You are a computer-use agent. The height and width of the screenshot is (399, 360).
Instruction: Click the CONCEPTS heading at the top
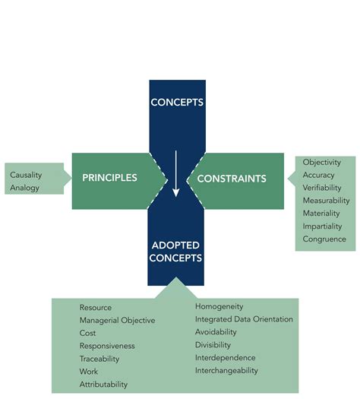[x=176, y=102]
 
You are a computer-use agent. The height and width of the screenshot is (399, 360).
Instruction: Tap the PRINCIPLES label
[x=110, y=178]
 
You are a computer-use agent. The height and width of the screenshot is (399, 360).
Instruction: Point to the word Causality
[x=26, y=175]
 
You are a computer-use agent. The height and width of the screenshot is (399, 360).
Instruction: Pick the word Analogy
[x=24, y=188]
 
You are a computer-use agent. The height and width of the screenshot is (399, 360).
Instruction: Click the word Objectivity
[x=322, y=163]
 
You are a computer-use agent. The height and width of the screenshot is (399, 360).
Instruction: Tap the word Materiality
[x=321, y=214]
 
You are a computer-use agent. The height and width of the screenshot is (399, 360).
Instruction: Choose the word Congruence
[x=324, y=239]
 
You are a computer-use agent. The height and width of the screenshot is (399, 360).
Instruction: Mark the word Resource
[x=96, y=308]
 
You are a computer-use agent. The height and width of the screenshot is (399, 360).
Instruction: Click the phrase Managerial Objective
[x=117, y=321]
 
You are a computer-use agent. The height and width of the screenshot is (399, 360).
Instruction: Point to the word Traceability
[x=102, y=359]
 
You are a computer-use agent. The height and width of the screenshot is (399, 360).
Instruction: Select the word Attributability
[x=103, y=385]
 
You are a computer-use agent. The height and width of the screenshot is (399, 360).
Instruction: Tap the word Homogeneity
[x=219, y=306]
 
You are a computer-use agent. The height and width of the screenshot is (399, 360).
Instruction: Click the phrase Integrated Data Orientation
[x=243, y=319]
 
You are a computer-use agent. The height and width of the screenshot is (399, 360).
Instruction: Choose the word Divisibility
[x=213, y=345]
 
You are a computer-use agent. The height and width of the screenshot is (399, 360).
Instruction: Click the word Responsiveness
[x=107, y=346]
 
